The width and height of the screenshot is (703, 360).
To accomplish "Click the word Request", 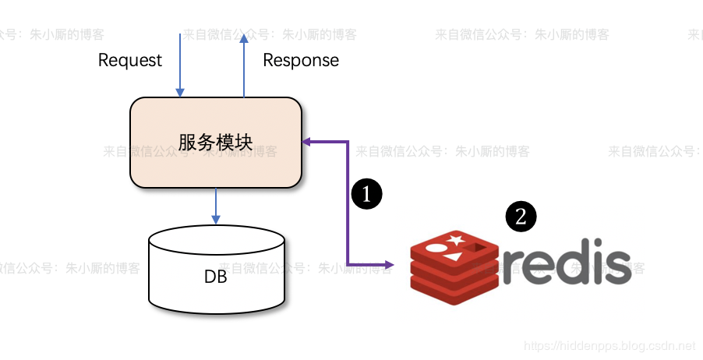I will pos(130,60).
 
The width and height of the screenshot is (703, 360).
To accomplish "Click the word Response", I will pos(301,60).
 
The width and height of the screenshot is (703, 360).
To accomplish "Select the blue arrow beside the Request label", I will pos(180,62).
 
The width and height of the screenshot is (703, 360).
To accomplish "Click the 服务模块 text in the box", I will pos(215,143).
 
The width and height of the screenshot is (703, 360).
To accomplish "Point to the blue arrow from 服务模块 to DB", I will pos(215,206).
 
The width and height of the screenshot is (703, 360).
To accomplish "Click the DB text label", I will pos(216,276).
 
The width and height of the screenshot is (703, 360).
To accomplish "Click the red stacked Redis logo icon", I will pos(454,268).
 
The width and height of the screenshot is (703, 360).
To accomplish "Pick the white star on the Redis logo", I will pos(455,238).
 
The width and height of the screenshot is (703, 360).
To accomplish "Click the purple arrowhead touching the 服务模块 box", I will pos(307,142).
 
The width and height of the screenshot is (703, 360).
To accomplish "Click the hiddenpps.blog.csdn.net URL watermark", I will pos(609,344).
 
